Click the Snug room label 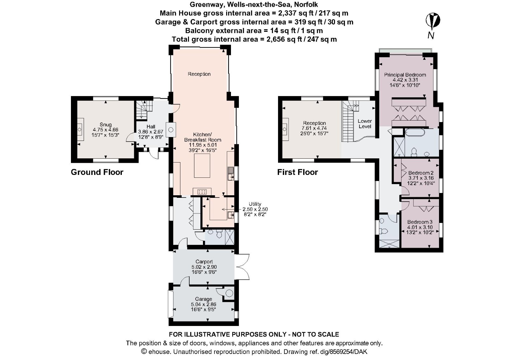pos(106,125)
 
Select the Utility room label pos(255,204)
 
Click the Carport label pos(204,262)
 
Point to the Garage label pos(203,299)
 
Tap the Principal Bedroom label pos(405,75)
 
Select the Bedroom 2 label pos(421,173)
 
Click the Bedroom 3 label pos(420,222)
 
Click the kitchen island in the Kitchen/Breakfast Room pos(202,165)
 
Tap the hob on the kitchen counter pos(202,191)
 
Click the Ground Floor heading pos(97,172)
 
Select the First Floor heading pos(297,172)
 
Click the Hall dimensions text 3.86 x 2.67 pos(150,132)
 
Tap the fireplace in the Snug pos(80,130)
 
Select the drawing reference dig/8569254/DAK pos(338,352)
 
